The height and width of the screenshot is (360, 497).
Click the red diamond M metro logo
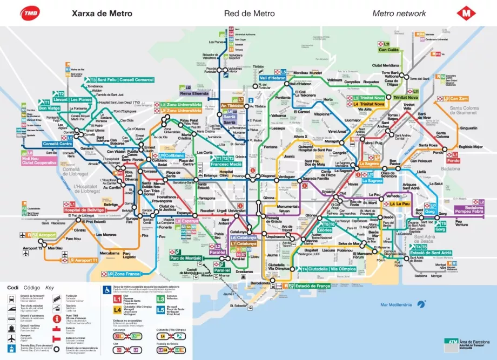pyautogui.click(x=465, y=13)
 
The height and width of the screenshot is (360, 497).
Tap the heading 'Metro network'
pyautogui.click(x=399, y=13)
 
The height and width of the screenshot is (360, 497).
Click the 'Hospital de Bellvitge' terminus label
pyautogui.click(x=83, y=210)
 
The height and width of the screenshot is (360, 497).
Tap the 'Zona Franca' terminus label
pyautogui.click(x=126, y=274)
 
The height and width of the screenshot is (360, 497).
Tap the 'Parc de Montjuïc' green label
pyautogui.click(x=186, y=258)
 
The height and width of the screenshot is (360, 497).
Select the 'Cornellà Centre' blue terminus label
pyautogui.click(x=57, y=144)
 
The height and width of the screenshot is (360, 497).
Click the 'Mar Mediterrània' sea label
pyautogui.click(x=396, y=305)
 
